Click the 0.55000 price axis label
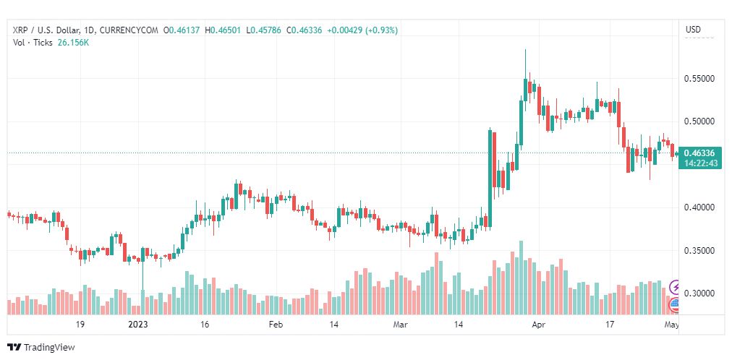[699, 78]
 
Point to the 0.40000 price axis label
[699, 207]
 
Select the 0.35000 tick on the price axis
[699, 251]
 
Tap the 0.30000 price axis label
[699, 293]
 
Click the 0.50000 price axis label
[699, 121]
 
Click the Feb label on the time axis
[275, 325]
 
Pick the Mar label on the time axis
[401, 325]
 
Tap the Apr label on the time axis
[538, 325]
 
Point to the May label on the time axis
[671, 325]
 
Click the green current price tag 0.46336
[699, 153]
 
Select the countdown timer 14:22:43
[699, 163]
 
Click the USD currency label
[693, 30]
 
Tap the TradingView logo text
[49, 348]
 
